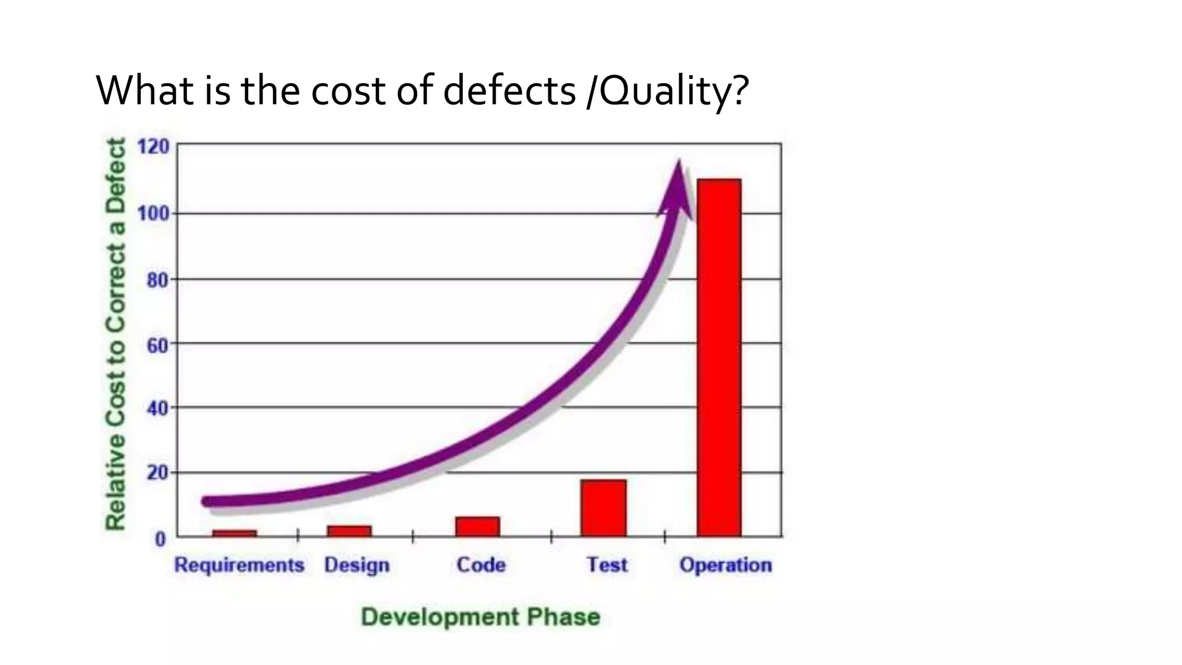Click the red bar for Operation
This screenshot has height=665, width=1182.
719,358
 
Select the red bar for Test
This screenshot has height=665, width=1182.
603,508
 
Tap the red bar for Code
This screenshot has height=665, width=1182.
477,526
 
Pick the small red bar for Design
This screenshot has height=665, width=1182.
349,531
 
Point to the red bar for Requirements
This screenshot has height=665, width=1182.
234,533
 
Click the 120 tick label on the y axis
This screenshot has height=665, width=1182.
154,147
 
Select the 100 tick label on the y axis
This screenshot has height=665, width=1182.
154,214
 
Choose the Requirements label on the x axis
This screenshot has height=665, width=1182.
239,565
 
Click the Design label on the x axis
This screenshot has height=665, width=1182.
357,565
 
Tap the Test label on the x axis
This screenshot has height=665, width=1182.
607,565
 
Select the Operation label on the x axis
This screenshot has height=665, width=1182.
725,565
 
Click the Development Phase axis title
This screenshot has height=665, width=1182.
481,617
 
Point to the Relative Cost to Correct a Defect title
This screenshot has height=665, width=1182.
115,334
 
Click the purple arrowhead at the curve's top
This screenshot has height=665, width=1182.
676,190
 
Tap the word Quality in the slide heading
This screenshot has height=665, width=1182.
664,91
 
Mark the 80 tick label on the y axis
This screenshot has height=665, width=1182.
156,281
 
